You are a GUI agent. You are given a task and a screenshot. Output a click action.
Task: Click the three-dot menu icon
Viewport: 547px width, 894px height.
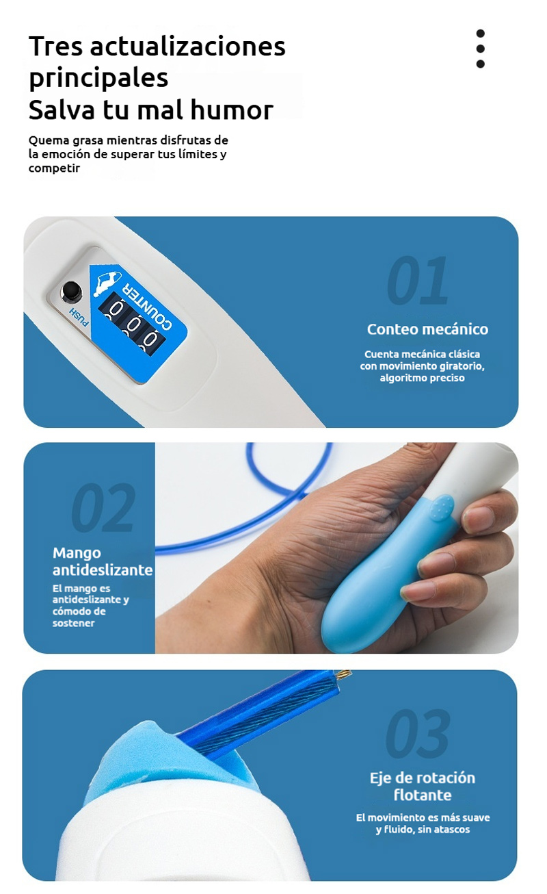(481, 49)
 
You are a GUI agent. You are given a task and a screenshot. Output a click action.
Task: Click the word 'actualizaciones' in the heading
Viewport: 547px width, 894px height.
(188, 46)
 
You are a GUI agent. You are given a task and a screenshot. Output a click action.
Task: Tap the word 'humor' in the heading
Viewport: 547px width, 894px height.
(232, 110)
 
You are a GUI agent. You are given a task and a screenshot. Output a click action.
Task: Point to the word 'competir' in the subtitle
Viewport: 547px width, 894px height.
(54, 168)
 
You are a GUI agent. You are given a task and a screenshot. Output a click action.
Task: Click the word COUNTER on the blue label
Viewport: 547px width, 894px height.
(148, 305)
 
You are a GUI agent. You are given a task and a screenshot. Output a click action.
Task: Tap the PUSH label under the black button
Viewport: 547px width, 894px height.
(79, 318)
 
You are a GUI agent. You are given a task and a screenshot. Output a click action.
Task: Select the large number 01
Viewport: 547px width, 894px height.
(418, 280)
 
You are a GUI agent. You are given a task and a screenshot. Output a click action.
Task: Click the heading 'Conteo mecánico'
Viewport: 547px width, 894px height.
(427, 329)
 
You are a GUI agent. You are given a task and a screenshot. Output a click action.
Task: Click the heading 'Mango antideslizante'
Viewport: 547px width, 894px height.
(103, 561)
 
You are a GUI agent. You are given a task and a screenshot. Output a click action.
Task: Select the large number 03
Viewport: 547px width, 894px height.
(418, 734)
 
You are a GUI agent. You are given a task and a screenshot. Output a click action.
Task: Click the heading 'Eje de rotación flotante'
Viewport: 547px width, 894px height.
(423, 787)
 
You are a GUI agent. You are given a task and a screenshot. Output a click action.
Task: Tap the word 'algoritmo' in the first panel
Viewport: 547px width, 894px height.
(400, 378)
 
